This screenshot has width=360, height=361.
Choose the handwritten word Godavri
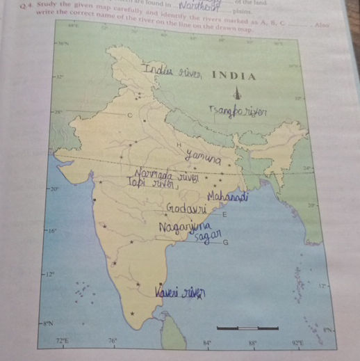point(184,208)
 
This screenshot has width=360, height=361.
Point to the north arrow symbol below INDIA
point(238,92)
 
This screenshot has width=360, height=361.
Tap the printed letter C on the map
point(129,114)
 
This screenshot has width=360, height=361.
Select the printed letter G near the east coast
point(225,243)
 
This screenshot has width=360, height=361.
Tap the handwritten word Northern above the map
point(197,7)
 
